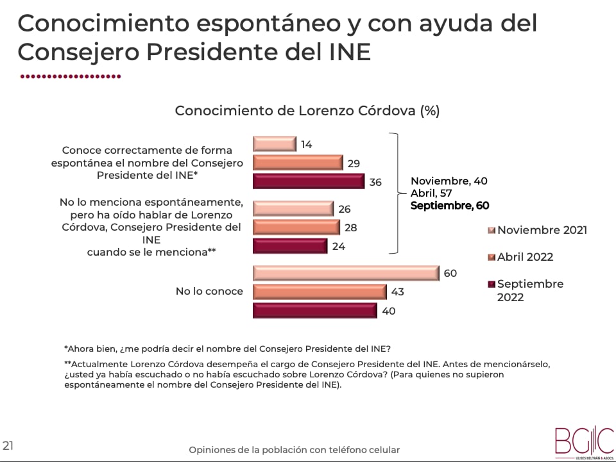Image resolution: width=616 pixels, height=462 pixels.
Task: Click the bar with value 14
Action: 274,144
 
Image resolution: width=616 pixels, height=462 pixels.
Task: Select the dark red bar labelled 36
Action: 308,181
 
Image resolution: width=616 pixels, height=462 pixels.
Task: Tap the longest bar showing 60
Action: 345,273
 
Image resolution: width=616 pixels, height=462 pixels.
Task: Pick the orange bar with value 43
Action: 320,292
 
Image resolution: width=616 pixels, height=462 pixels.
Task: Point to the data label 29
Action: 353,163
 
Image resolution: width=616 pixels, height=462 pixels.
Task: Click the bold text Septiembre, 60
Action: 449,206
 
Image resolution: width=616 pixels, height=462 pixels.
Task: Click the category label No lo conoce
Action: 209,292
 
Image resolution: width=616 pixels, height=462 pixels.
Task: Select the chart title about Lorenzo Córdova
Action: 307,110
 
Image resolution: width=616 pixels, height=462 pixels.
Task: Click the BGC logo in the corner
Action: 583,441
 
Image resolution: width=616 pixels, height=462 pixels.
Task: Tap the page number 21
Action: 8,445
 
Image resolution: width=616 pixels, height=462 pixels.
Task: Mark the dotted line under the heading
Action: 71,76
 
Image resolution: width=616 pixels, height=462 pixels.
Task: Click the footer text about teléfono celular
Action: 294,450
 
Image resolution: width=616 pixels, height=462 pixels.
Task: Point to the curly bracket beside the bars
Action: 398,193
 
